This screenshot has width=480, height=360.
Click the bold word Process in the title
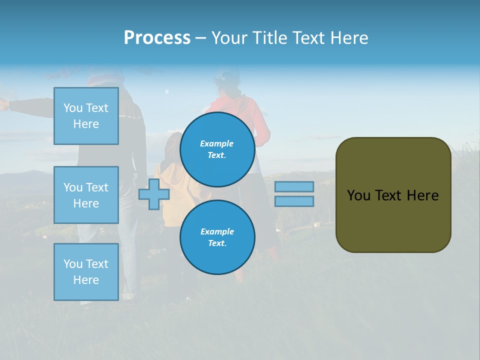pyautogui.click(x=157, y=38)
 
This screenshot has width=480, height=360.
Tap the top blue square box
pyautogui.click(x=86, y=116)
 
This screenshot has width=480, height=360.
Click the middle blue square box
pyautogui.click(x=86, y=195)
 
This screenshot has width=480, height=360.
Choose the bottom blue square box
pyautogui.click(x=86, y=272)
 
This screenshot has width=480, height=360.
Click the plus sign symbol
pyautogui.click(x=154, y=194)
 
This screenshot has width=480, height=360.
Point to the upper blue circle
pyautogui.click(x=217, y=149)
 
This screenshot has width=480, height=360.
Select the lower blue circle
pyautogui.click(x=217, y=237)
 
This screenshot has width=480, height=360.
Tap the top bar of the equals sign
pyautogui.click(x=294, y=186)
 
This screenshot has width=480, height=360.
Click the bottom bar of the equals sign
pyautogui.click(x=294, y=201)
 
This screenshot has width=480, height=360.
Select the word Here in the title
pyautogui.click(x=348, y=38)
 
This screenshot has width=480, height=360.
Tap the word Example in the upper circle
pyautogui.click(x=217, y=143)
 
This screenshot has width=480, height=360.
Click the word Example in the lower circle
pyautogui.click(x=217, y=231)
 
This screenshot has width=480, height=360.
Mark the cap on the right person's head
pyautogui.click(x=227, y=76)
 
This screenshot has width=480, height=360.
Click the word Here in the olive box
pyautogui.click(x=422, y=195)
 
